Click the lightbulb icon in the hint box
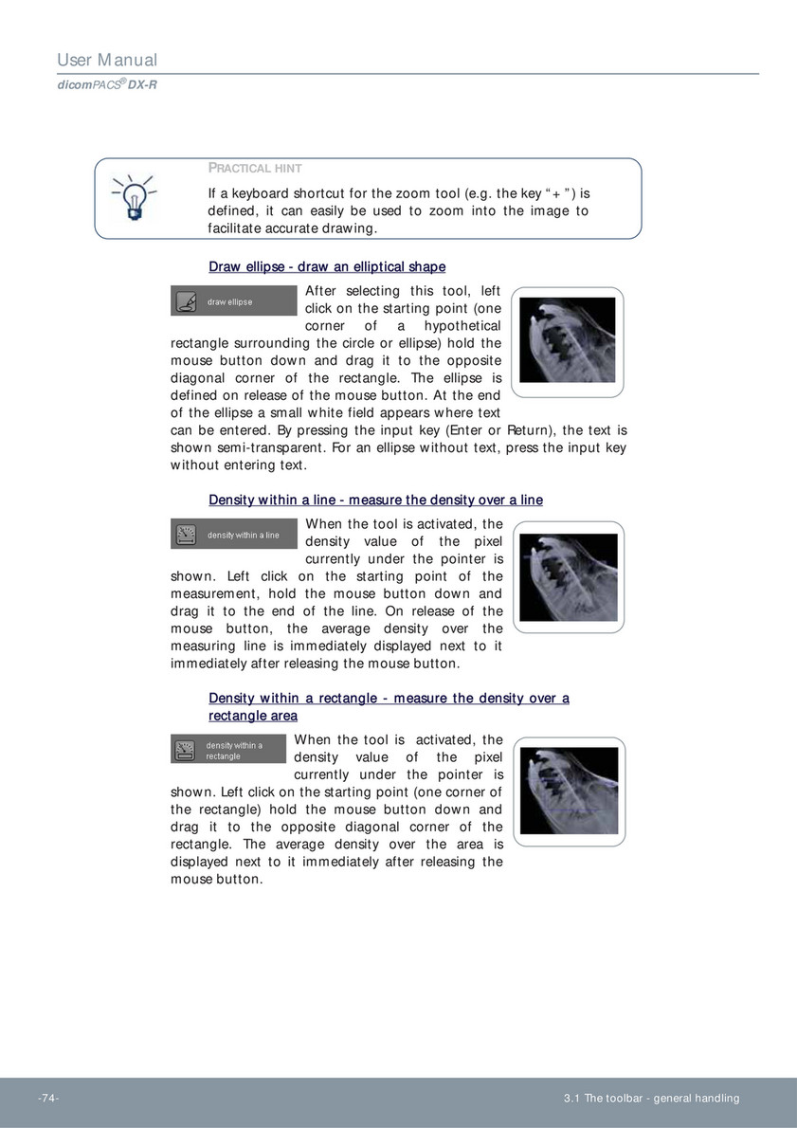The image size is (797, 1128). point(134,197)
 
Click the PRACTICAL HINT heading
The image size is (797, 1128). point(255,169)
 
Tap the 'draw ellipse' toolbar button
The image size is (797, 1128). point(233,301)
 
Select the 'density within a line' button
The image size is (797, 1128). point(233,535)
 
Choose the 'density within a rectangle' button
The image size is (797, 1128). point(228,751)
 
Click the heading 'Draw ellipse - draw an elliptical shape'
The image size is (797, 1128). point(327,267)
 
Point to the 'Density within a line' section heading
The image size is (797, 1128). point(375,500)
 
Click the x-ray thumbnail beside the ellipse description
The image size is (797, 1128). point(568,342)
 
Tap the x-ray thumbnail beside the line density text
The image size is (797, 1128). point(569,577)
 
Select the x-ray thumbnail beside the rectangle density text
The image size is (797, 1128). point(569,793)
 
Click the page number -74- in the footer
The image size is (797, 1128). point(48,1099)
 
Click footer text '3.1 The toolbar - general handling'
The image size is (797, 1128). point(651,1099)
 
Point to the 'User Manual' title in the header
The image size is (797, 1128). point(107,61)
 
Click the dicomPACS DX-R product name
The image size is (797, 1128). point(106,84)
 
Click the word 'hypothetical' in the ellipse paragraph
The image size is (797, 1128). point(462,326)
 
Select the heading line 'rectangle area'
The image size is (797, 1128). point(253,716)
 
